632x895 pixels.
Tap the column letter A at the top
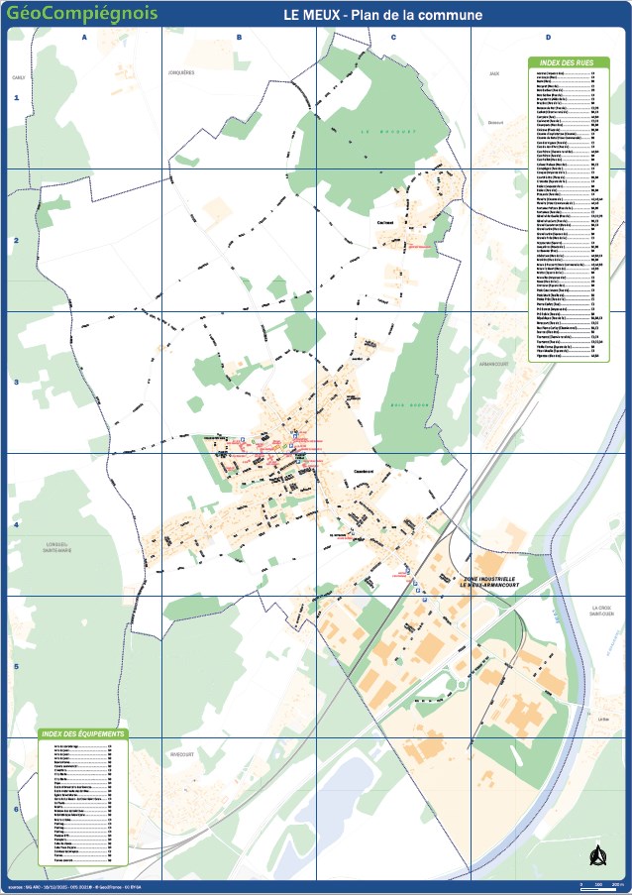84,37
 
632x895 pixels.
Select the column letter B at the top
239,37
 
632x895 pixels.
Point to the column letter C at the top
393,37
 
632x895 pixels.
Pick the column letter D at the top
548,37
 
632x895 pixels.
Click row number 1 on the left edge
16,98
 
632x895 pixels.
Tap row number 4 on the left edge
16,524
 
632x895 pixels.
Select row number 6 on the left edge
16,809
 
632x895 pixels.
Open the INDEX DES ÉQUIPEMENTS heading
83,733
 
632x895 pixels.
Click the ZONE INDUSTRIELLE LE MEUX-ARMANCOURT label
488,582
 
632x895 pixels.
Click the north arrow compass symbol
596,854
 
